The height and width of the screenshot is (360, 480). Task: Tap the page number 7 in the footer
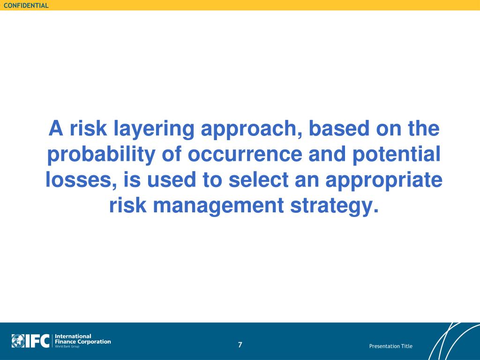click(240, 345)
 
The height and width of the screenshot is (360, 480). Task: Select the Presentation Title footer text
click(390, 346)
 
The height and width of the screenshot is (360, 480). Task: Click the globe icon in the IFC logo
click(18, 341)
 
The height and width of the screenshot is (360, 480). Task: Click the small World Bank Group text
click(67, 346)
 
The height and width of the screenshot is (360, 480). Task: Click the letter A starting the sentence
click(56, 128)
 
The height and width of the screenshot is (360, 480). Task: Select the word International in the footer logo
click(73, 336)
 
